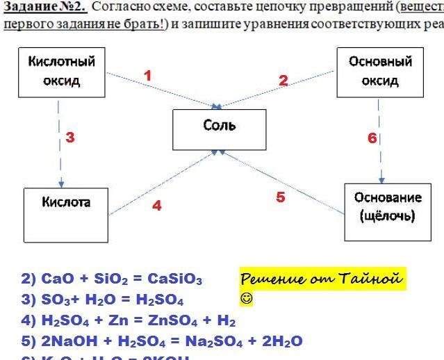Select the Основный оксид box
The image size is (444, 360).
click(x=380, y=72)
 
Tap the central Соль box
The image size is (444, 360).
click(x=219, y=129)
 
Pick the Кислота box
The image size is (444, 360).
click(x=66, y=215)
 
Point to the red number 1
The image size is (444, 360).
click(x=147, y=76)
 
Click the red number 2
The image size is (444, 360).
click(x=283, y=81)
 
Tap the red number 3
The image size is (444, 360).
click(x=70, y=138)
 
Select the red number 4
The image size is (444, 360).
click(x=157, y=206)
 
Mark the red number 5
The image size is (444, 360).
click(x=280, y=197)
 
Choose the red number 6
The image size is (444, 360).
click(x=372, y=138)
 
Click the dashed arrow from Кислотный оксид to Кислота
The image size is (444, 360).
click(x=60, y=146)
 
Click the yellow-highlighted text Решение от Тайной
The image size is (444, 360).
click(x=321, y=279)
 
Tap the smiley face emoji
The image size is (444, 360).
click(x=247, y=300)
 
